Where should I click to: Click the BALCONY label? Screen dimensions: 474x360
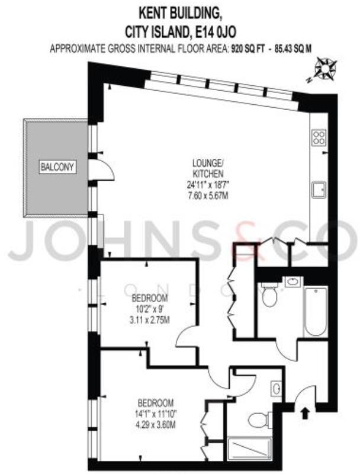pos(57,168)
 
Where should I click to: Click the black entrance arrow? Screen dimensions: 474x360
pos(305,412)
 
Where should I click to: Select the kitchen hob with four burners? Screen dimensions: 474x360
pos(319,137)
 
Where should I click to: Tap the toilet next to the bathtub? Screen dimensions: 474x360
pos(270,294)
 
